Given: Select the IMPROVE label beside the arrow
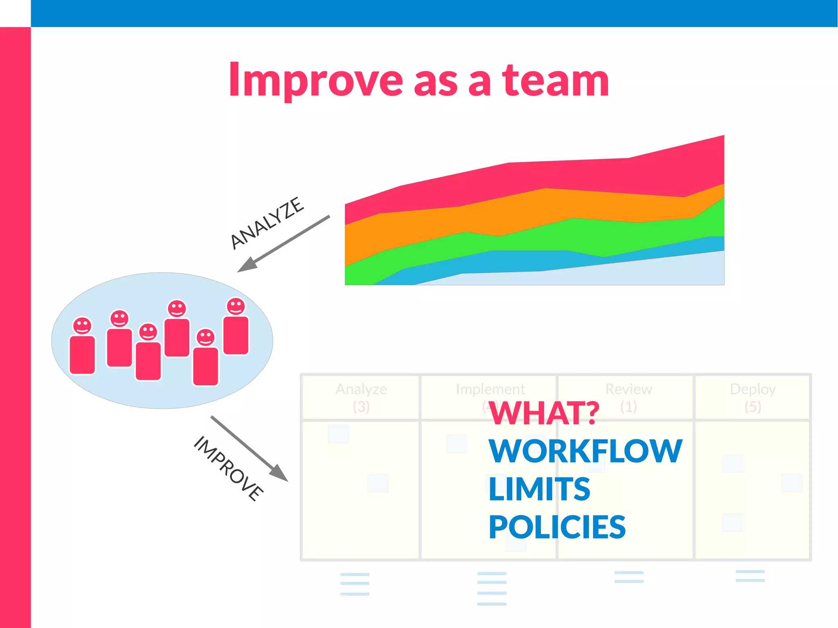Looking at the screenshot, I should (228, 468).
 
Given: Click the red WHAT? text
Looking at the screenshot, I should (544, 413).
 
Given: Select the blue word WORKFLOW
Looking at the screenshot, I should (585, 451).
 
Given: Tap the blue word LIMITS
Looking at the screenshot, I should (539, 489).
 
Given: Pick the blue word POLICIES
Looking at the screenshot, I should (557, 527).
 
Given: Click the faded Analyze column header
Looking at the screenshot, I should (361, 389).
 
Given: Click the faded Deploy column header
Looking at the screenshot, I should (752, 389).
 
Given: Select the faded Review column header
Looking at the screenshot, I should (628, 389).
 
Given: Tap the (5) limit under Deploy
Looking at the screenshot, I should (752, 407).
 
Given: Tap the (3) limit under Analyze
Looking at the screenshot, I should (361, 407).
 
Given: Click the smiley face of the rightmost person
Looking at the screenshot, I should (236, 306).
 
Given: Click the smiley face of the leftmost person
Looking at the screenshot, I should (82, 326).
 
